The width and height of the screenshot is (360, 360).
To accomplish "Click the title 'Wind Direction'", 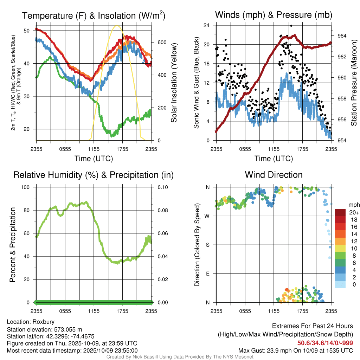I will click(274, 175).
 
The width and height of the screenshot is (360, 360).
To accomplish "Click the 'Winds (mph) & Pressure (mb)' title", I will click(274, 15).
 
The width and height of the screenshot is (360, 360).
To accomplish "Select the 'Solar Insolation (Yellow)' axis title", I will click(174, 83).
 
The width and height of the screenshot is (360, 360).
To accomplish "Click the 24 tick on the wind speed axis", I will click(207, 25).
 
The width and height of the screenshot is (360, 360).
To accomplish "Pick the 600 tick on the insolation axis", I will click(161, 43).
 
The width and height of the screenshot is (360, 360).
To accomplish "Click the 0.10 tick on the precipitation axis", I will click(162, 187).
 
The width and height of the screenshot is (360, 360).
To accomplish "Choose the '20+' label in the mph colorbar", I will click(354, 212).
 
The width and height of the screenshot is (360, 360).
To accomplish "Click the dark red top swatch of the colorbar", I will click(341, 212).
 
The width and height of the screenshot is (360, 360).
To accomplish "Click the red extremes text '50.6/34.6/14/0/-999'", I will click(325, 343).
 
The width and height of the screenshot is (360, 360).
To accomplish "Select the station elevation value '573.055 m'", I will click(68, 329).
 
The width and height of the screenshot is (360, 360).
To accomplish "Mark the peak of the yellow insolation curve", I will click(117, 25).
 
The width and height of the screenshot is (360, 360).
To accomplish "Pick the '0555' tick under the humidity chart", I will click(65, 311).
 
